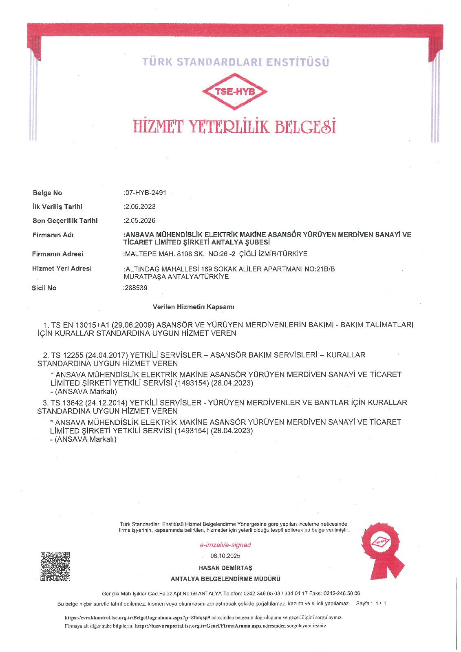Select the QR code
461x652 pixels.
[x=55, y=566]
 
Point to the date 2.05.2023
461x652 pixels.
[x=140, y=207]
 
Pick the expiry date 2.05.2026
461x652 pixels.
[x=140, y=220]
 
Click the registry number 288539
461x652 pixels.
[x=136, y=288]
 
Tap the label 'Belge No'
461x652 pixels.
[x=47, y=193]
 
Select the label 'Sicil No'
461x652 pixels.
[x=44, y=288]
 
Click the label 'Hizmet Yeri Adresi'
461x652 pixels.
[x=62, y=268]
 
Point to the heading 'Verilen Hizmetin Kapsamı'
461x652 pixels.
[x=193, y=306]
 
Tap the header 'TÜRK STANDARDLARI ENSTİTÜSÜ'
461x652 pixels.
[x=236, y=62]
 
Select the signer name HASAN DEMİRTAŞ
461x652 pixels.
[x=225, y=568]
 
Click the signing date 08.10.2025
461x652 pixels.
[x=225, y=556]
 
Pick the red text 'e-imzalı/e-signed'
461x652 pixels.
[x=225, y=545]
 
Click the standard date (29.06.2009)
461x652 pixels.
[x=133, y=325]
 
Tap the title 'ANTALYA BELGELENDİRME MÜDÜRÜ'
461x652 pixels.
[x=225, y=579]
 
